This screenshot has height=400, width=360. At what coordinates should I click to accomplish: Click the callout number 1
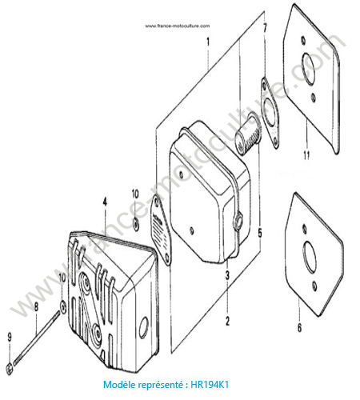click(208, 42)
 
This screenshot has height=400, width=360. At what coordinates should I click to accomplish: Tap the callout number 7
click(265, 28)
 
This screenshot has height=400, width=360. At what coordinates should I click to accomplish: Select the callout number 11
click(306, 155)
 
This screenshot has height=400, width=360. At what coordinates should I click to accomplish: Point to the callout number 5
click(260, 233)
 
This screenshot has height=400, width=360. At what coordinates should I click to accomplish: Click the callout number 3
click(227, 275)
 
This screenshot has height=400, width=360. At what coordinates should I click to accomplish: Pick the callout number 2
click(227, 321)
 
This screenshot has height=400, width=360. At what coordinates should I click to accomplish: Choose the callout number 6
click(299, 328)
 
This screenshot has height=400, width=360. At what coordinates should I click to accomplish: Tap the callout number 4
click(105, 202)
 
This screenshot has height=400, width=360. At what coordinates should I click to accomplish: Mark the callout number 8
click(36, 307)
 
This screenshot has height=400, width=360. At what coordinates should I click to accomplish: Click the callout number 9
click(10, 338)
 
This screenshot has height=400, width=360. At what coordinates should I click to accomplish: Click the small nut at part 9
click(10, 369)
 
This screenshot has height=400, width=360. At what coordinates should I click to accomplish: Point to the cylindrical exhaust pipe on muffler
click(248, 134)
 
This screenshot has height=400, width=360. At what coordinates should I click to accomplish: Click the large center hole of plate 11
click(308, 69)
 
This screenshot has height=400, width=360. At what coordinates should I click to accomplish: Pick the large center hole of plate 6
click(310, 258)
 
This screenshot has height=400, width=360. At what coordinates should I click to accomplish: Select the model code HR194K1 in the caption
click(210, 385)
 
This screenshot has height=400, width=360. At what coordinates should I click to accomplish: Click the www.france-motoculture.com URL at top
click(178, 26)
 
